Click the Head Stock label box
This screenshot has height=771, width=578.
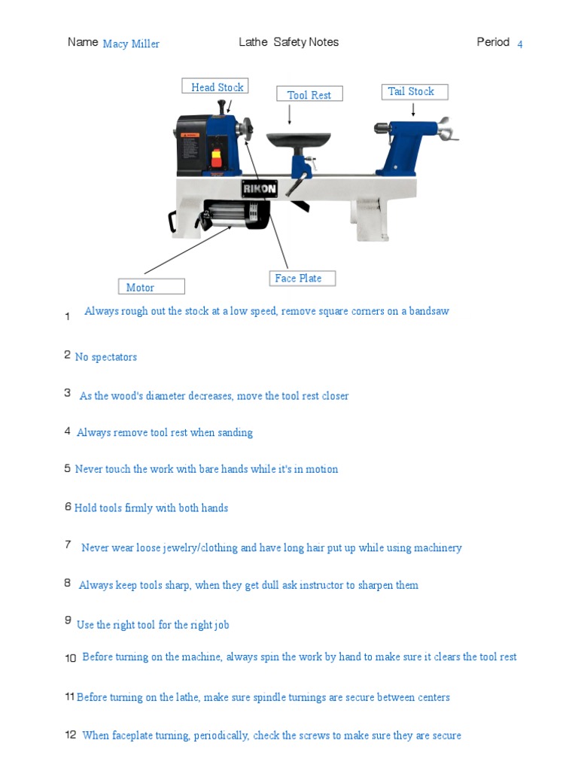pos(215,87)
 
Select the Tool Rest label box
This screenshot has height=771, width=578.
pos(309,95)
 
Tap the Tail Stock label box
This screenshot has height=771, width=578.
pos(412,92)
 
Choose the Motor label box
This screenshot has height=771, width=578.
pos(151,287)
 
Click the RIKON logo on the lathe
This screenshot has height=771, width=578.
pos(260,189)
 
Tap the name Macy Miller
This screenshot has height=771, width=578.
pos(131,44)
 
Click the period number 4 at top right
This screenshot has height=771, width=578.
pos(520,44)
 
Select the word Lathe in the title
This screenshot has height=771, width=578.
pos(253,42)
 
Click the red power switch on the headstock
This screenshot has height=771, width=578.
pos(218,158)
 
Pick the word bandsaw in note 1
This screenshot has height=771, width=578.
pos(429,311)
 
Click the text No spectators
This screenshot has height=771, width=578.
pos(106,357)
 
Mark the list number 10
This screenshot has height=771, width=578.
pos(71,659)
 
